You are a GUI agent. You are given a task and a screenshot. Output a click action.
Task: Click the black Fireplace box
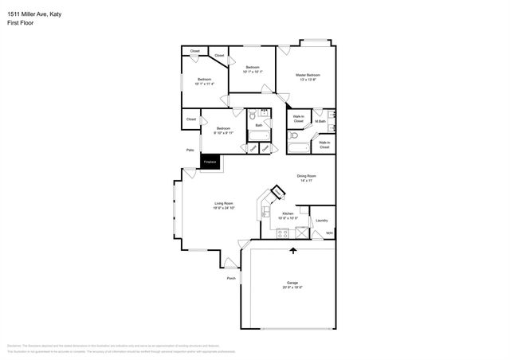210,162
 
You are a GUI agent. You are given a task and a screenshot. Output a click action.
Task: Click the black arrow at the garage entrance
293,251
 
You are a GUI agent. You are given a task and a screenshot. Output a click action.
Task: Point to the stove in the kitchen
282,233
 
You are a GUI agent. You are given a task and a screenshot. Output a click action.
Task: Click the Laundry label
321,220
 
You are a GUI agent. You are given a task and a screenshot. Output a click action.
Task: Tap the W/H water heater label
328,233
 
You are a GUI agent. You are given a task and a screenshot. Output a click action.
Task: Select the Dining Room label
307,176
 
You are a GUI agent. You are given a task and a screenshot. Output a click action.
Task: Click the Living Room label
223,203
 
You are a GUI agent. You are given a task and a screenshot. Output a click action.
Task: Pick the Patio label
190,150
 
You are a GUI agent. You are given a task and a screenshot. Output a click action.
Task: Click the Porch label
231,278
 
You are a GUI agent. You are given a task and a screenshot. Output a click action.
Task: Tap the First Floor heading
22,23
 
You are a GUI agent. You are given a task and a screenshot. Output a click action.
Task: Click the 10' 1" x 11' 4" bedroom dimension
205,84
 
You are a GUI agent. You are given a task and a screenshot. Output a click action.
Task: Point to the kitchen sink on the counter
266,211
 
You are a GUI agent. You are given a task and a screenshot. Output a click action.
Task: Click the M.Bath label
320,121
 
